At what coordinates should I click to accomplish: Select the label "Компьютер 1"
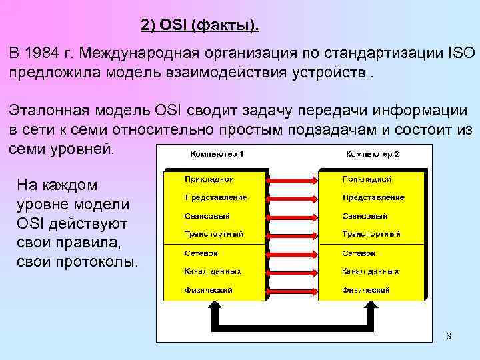(217, 155)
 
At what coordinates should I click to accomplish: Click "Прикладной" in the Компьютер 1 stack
(208, 179)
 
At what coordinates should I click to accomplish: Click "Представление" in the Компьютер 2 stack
(373, 197)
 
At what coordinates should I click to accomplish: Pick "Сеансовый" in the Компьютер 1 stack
(207, 216)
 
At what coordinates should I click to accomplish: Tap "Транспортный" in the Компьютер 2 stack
(371, 235)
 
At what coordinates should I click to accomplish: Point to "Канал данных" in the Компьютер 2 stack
(371, 272)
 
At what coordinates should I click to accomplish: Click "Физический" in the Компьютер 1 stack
(208, 291)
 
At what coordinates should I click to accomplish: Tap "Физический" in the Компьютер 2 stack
(366, 291)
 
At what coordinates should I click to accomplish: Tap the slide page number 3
(449, 336)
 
